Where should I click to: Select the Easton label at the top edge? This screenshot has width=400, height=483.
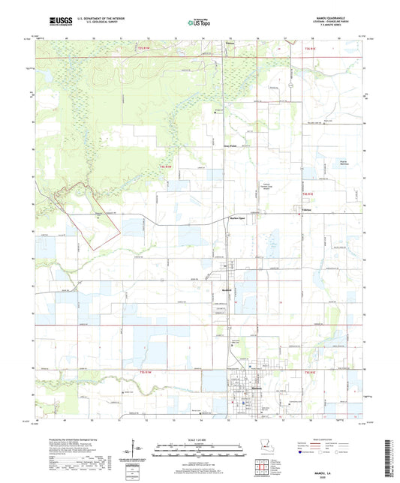click(x=230, y=42)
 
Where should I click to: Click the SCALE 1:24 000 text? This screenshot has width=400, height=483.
click(x=200, y=439)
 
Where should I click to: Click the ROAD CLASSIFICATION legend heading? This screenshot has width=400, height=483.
click(x=335, y=440)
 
